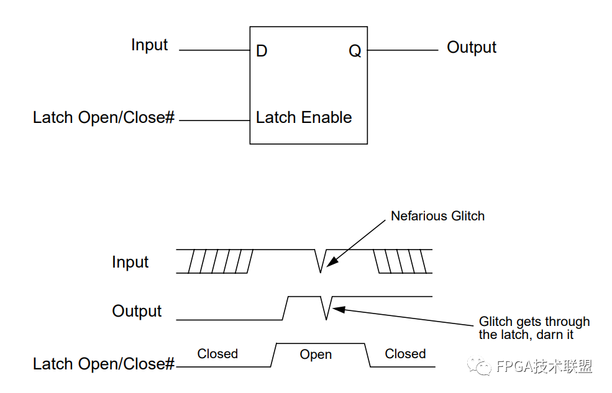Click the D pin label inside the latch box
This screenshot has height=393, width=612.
[262, 51]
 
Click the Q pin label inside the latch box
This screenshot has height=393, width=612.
[355, 51]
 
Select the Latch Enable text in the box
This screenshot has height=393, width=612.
[304, 117]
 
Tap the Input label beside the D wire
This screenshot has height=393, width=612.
[149, 45]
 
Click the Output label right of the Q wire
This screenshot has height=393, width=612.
[472, 47]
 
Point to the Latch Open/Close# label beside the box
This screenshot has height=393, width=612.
[103, 117]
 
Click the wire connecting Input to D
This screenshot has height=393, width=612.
[214, 50]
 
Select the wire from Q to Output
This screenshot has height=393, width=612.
[403, 50]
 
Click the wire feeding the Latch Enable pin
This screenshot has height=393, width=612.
[214, 120]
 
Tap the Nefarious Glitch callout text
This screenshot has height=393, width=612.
[437, 216]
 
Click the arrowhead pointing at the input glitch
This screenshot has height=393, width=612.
[331, 262]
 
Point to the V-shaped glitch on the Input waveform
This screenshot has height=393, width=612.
[321, 261]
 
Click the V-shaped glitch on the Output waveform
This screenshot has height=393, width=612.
[326, 308]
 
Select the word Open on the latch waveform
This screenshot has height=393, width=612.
[316, 355]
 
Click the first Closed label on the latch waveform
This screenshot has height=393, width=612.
[217, 354]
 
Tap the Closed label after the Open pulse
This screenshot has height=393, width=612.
[405, 354]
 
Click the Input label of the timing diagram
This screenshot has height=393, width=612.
[130, 262]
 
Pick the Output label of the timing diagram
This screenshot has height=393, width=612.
[137, 311]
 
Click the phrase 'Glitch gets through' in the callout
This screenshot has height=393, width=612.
[534, 322]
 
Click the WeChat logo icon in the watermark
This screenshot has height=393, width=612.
[479, 366]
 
